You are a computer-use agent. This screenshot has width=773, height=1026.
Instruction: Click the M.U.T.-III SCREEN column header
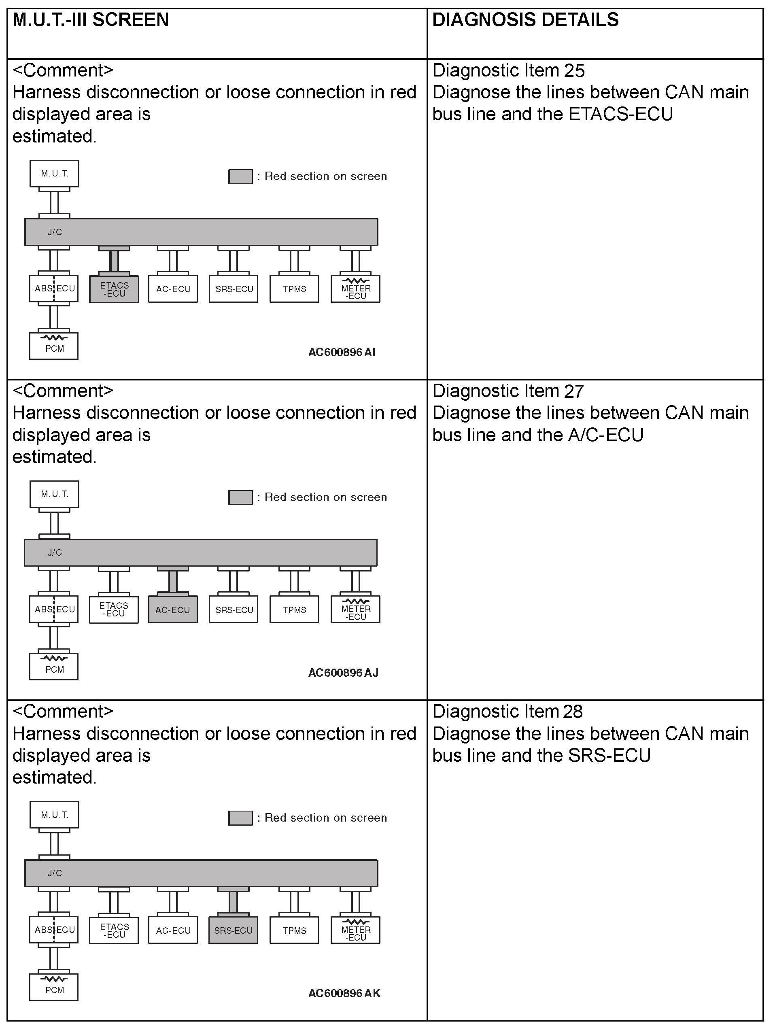tap(90, 20)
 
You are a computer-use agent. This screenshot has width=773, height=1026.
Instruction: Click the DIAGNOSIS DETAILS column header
tap(525, 20)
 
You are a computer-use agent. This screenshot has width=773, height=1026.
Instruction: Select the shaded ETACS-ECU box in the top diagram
tap(114, 289)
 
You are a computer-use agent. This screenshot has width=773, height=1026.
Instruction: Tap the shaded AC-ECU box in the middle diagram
tap(173, 610)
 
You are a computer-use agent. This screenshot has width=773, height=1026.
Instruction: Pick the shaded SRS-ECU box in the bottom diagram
tap(233, 930)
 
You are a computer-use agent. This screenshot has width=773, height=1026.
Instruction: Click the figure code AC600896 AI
tap(342, 353)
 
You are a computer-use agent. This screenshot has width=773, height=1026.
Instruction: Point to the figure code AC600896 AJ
tap(343, 673)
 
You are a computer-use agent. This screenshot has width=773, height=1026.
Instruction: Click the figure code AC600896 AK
tap(344, 994)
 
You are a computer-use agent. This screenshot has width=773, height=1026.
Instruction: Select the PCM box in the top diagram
tap(54, 346)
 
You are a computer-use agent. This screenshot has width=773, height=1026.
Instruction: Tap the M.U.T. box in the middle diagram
tap(54, 495)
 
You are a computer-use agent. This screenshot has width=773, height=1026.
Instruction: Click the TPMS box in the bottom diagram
tap(295, 930)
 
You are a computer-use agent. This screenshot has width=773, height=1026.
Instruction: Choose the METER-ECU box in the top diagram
tap(356, 289)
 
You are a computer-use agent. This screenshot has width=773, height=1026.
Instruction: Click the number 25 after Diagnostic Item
tap(575, 71)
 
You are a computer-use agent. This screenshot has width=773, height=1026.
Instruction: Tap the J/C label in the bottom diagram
tap(55, 873)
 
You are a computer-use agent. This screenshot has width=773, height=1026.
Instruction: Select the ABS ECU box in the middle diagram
tap(54, 610)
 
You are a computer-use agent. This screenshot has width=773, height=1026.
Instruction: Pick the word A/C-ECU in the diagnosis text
tap(605, 435)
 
